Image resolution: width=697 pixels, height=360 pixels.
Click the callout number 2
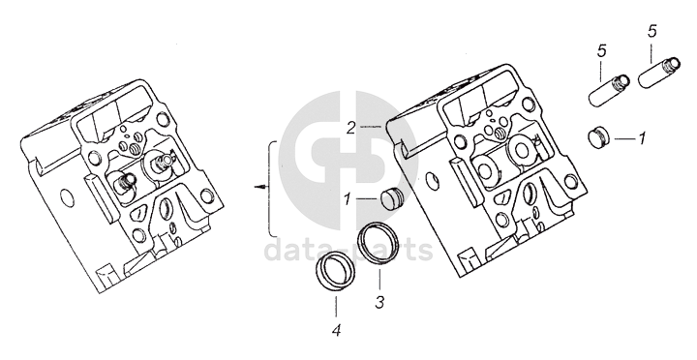[351, 128]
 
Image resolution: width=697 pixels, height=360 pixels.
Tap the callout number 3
[379, 303]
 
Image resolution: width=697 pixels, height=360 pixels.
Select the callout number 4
[337, 330]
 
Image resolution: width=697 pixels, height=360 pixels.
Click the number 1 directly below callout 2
[348, 199]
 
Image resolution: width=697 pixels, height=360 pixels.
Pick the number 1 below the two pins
[642, 138]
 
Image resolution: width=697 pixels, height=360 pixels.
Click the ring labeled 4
[336, 272]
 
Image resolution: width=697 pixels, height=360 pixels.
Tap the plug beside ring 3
[391, 198]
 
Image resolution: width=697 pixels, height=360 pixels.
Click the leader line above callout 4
[336, 306]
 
